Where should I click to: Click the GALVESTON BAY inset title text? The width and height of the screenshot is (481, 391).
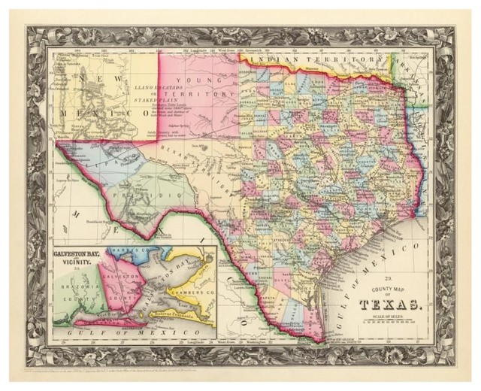coord(80,253)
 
